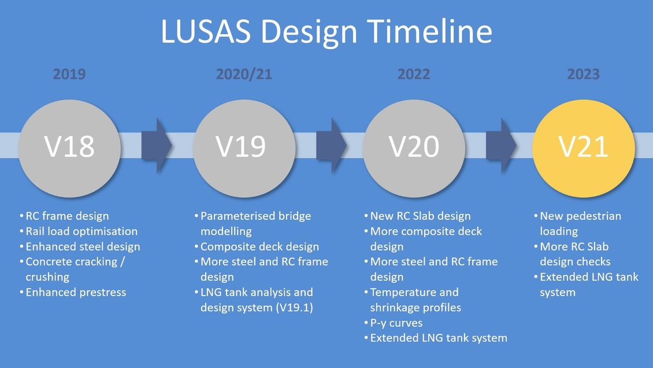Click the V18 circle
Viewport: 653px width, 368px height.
point(69,146)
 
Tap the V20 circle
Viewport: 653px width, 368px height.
point(414,146)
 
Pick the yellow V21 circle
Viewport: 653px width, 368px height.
point(583,146)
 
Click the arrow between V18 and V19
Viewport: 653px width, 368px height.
point(156,145)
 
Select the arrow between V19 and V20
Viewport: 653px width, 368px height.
point(331,145)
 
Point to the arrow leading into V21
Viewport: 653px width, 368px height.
point(500,145)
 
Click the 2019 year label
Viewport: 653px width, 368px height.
point(69,74)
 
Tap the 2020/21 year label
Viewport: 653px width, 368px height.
point(244,74)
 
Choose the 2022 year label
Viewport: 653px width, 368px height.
point(414,74)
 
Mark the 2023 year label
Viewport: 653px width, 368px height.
point(583,74)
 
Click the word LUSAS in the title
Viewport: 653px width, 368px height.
point(203,32)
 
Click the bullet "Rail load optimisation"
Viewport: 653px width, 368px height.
point(81,231)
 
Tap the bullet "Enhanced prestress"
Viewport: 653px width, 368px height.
point(76,292)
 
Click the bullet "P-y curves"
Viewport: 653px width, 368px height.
point(397,323)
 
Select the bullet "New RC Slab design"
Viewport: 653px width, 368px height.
point(420,216)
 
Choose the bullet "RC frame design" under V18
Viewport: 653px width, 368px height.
point(67,216)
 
